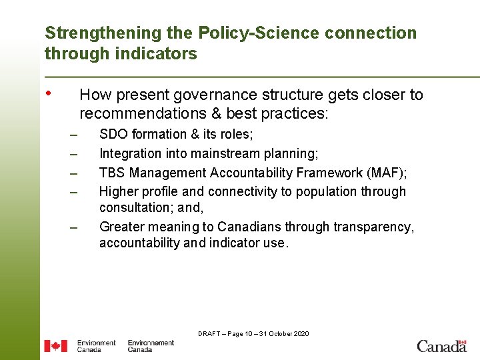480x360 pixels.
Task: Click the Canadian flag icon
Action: [x=55, y=346]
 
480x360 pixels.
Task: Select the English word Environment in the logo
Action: [x=96, y=343]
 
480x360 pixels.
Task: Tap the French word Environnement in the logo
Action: [x=151, y=343]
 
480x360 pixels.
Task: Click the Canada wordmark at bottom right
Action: [x=441, y=345]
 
